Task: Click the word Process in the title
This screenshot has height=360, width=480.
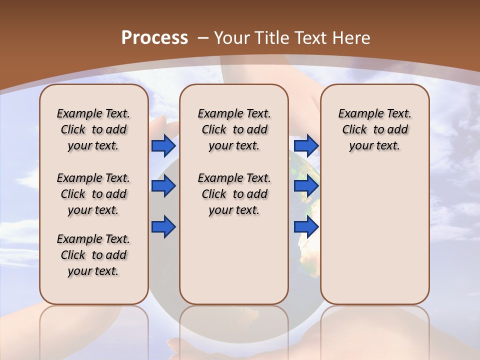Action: pos(154,38)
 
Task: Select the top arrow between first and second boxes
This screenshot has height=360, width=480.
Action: pos(163,146)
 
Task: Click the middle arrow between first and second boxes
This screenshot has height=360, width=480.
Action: pos(163,186)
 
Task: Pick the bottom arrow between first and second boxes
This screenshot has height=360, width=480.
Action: pos(163,226)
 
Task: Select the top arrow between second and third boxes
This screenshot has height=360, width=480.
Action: pos(306,146)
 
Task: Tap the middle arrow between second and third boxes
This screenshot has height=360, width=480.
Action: pos(306,186)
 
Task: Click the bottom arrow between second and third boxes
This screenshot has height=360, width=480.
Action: pos(306,226)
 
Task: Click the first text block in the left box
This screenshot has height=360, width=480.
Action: pos(93,129)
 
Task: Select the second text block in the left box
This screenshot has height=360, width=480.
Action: pos(93,194)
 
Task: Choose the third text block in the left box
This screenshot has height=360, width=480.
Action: pos(93,255)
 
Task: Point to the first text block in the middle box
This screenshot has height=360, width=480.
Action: pos(234,129)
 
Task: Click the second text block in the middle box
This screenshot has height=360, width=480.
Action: pos(234,194)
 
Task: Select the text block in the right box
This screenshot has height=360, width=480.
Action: pos(375,129)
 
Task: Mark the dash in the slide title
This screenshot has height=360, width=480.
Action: pos(203,38)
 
